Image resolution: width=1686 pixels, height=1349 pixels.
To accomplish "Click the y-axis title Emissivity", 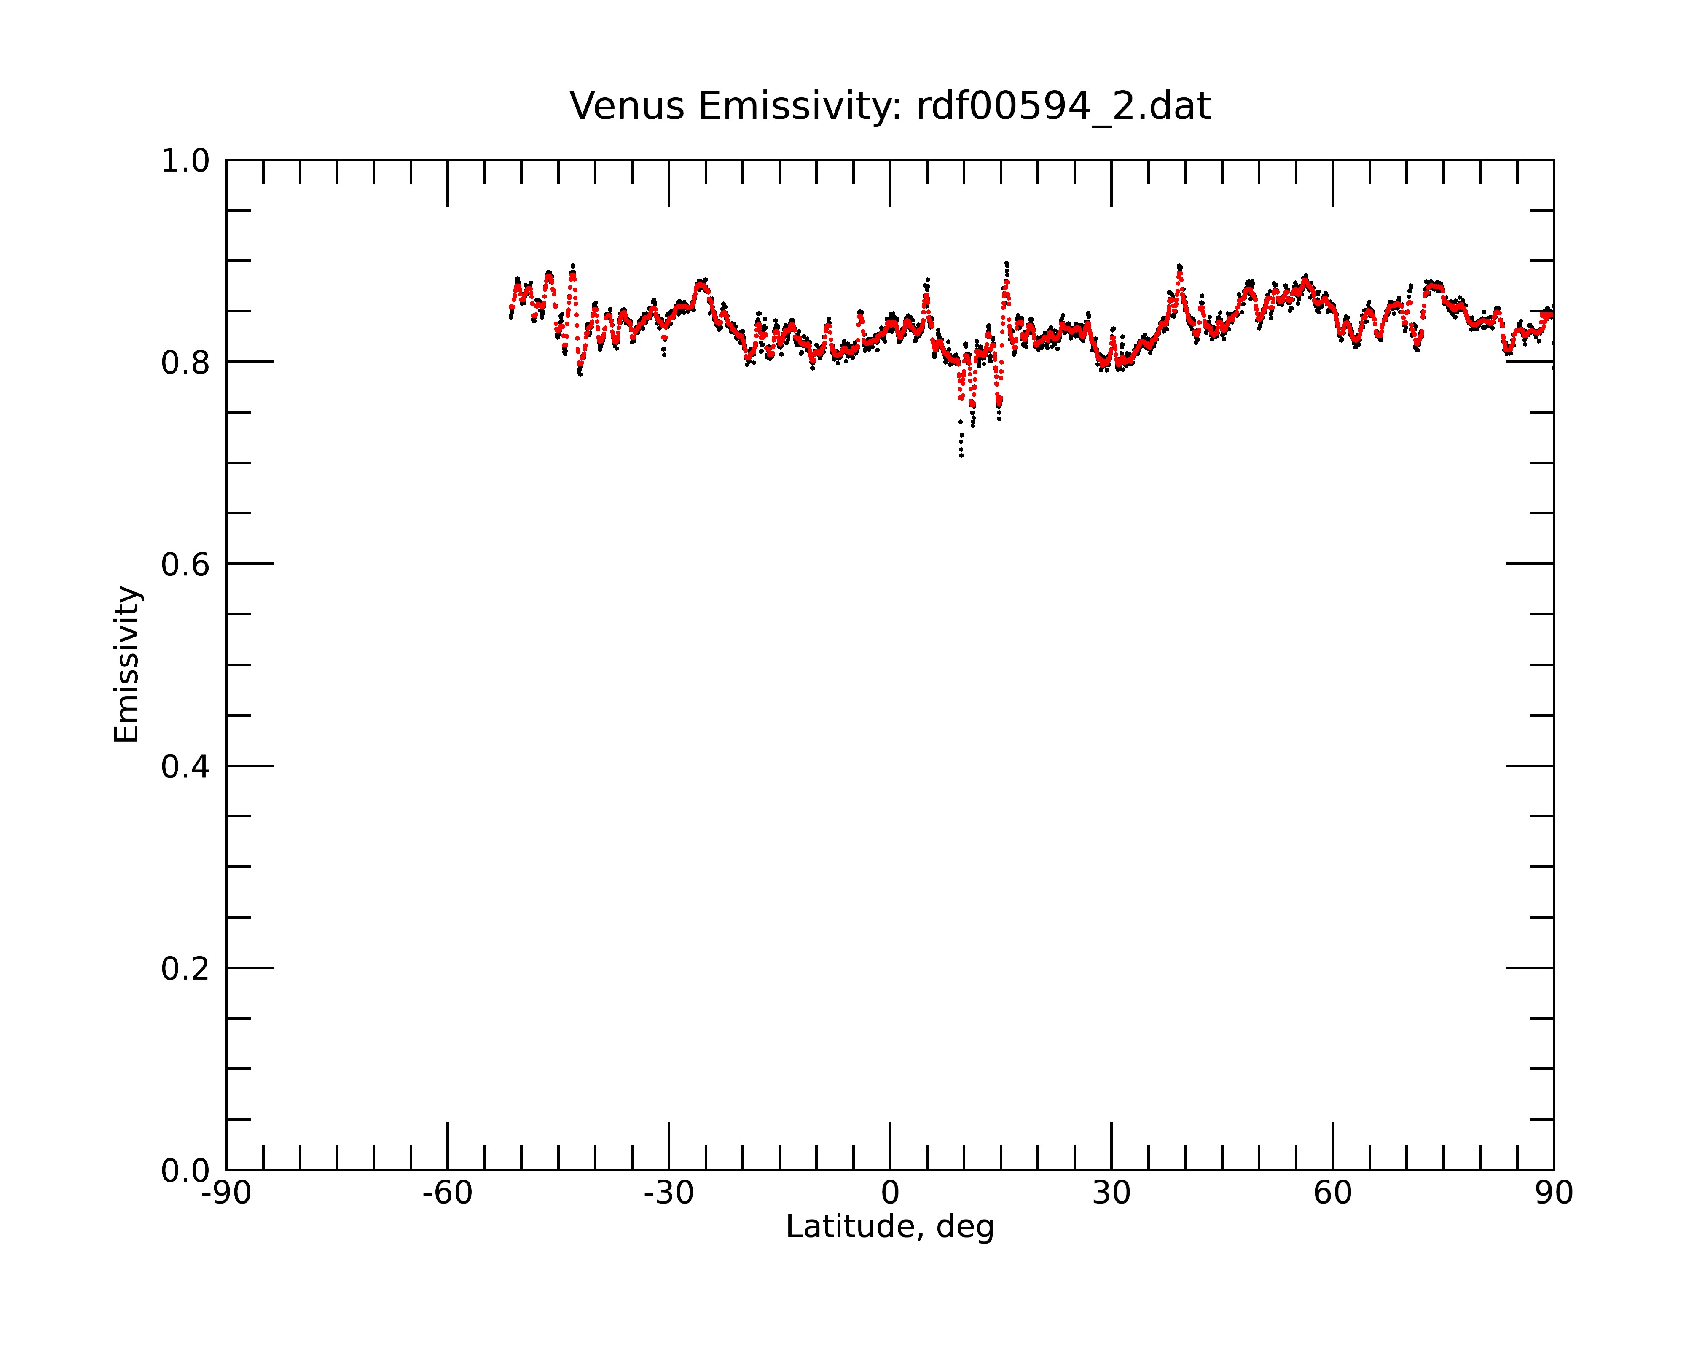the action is tap(127, 664).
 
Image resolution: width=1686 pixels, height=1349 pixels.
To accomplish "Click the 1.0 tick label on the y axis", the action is tap(185, 161).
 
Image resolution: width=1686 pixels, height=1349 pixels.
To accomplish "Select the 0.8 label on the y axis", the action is tap(185, 362).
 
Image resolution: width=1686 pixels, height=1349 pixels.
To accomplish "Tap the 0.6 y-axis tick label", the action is tap(185, 564).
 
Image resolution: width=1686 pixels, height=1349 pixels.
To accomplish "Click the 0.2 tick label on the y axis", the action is tap(185, 968).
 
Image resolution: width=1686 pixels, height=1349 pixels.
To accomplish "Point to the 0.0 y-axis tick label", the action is tap(185, 1171).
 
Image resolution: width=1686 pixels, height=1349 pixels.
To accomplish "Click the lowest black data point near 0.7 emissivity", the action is tap(961, 456).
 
